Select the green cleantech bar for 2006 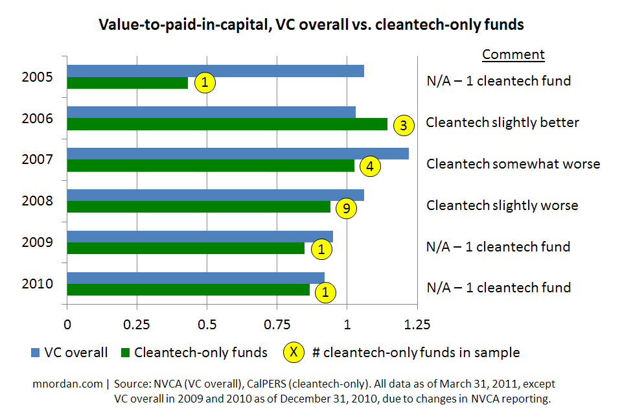pos(227,124)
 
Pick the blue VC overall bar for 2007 pos(238,154)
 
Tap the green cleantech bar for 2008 pos(198,207)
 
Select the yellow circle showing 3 pos(403,126)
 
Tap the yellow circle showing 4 pos(369,167)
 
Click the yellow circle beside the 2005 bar pos(205,83)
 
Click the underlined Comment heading pos(513,54)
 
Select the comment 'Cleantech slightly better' pos(502,122)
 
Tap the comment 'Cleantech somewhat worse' pos(513,164)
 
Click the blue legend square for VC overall pos(36,353)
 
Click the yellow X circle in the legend pos(294,352)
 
